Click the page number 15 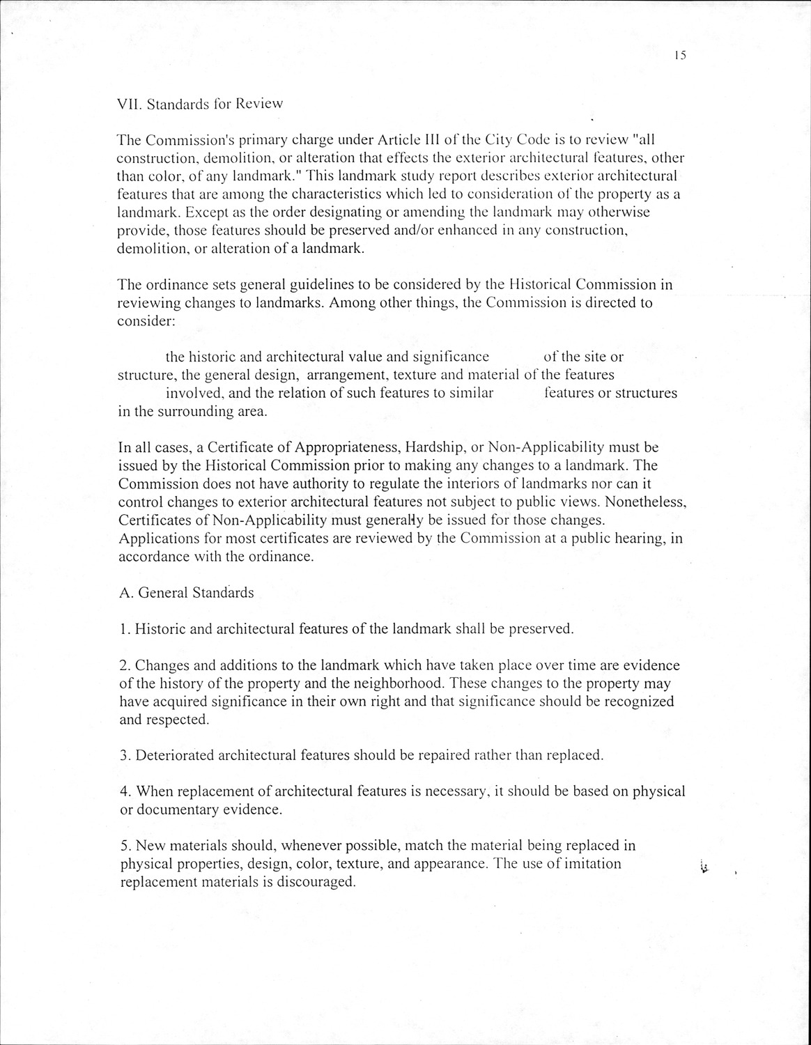tap(680, 56)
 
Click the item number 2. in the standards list tap(125, 665)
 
